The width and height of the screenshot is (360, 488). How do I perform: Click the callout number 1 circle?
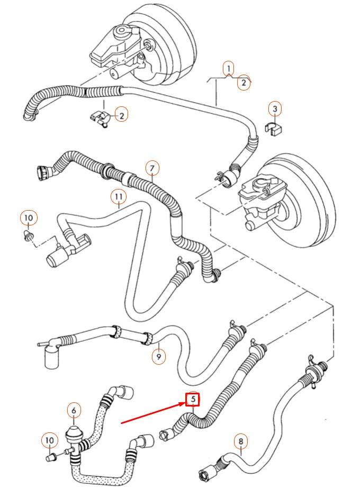coord(228,68)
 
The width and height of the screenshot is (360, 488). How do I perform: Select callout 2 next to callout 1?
coord(244,83)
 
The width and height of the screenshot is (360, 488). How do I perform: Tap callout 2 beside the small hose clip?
coord(121,115)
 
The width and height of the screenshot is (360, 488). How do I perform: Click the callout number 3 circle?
coord(274,109)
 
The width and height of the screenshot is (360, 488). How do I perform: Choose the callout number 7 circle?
coord(151,168)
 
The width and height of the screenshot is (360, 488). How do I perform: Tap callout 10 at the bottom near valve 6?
coord(49,440)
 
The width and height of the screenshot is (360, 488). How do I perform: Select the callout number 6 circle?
coord(74,410)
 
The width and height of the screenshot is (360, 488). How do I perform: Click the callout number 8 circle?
coord(240,440)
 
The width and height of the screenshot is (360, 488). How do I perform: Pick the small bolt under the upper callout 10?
coord(27,234)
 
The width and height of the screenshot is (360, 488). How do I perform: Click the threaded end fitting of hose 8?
coord(205,469)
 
